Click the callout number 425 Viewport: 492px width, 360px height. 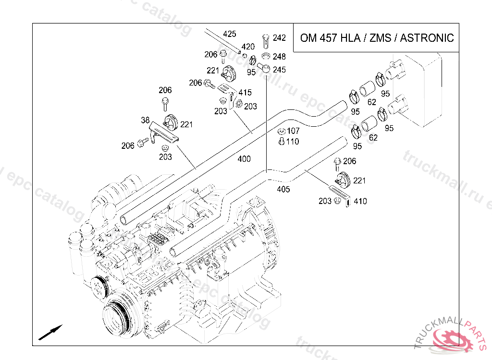point(229,34)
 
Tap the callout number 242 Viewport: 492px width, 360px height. point(279,38)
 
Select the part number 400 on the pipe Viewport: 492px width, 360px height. point(244,159)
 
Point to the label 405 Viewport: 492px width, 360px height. point(283,190)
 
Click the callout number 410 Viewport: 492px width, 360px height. point(360,201)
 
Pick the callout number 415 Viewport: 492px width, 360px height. point(245,93)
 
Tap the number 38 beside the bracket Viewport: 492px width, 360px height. point(145,120)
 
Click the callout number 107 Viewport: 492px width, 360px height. point(293,131)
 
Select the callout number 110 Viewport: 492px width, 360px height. point(293,142)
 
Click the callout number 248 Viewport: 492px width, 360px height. point(279,57)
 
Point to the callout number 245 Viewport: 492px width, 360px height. point(279,70)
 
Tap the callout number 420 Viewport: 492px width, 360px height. point(248,47)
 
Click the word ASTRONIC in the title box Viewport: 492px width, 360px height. point(427,38)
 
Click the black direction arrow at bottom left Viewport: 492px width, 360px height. point(50,333)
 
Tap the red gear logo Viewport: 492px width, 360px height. point(452,340)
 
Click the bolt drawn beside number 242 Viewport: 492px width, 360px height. point(266,41)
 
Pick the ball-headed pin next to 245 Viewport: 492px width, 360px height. point(264,68)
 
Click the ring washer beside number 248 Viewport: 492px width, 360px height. point(266,57)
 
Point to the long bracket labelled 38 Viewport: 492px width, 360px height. point(163,132)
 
